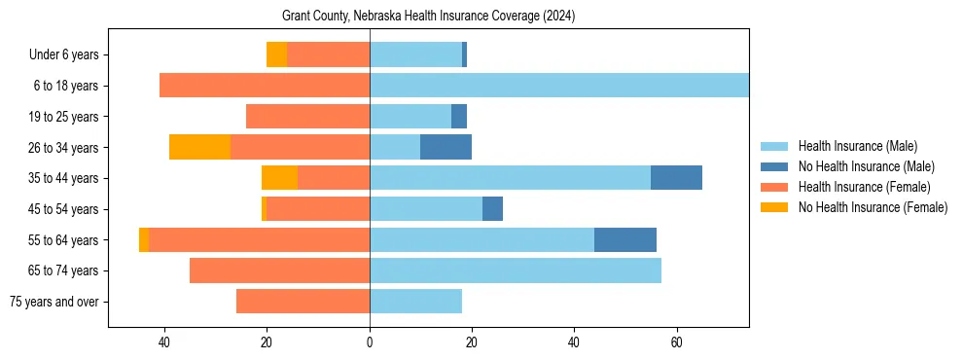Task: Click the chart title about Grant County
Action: [428, 17]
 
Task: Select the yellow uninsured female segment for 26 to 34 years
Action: [199, 147]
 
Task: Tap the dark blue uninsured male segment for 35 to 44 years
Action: [676, 178]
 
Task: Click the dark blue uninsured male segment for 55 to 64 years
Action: [625, 239]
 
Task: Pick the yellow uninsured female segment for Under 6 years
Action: [277, 54]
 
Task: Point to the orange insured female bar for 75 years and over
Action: [303, 302]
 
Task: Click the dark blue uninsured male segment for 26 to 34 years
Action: [446, 147]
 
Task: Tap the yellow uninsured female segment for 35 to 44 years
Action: [279, 178]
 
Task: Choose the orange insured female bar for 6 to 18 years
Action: [265, 86]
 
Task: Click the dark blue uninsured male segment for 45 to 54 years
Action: [492, 209]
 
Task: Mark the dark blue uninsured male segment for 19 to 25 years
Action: [459, 117]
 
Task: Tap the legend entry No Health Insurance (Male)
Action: [861, 166]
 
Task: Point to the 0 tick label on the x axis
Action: [370, 342]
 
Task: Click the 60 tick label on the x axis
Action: [677, 342]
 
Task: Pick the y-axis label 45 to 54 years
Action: [63, 209]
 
